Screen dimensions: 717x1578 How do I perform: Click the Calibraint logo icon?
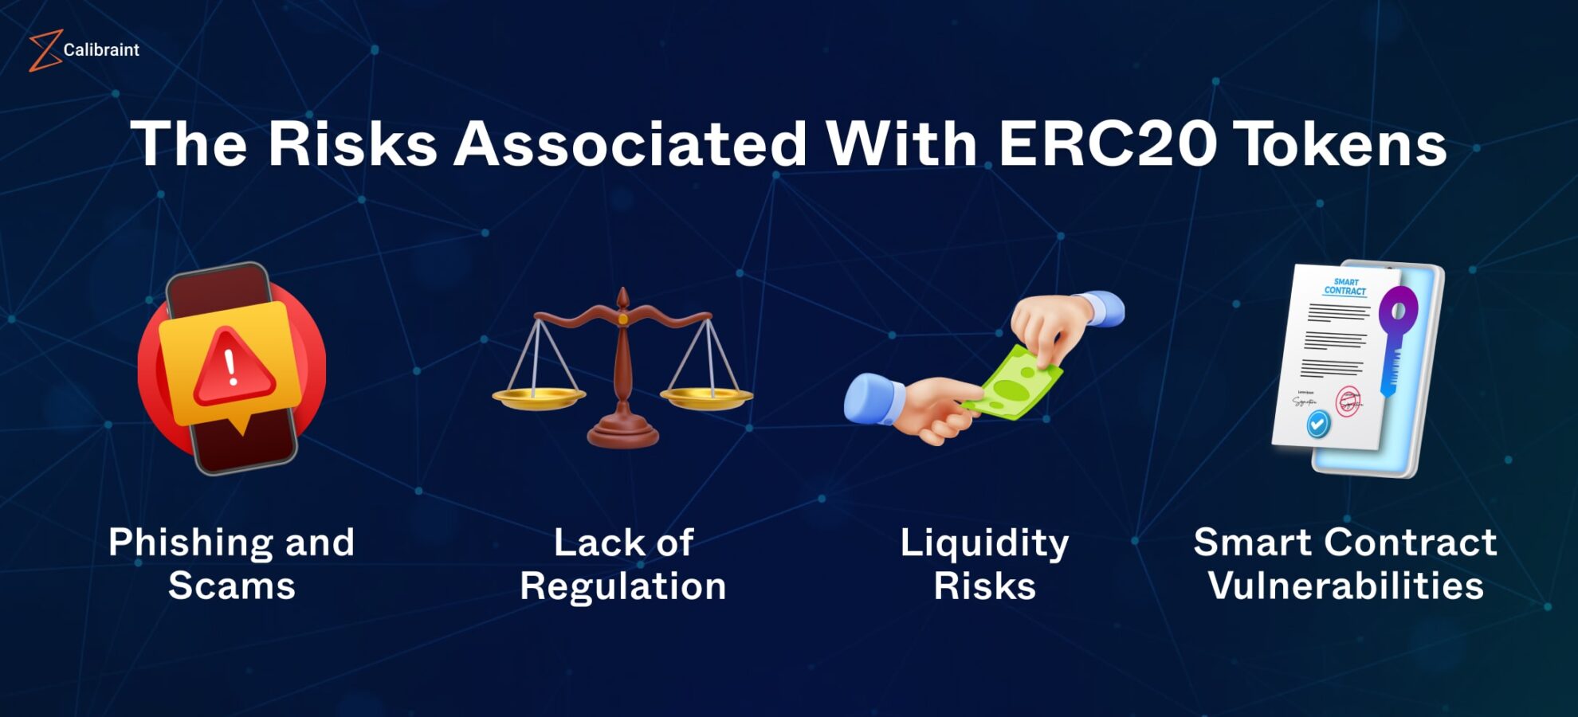(45, 50)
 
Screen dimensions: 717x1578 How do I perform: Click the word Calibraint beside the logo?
(101, 50)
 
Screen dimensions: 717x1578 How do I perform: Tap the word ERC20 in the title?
(1107, 144)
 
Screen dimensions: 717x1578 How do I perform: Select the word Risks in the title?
(352, 144)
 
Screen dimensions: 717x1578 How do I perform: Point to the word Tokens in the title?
(1342, 144)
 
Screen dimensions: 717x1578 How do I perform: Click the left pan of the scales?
(539, 397)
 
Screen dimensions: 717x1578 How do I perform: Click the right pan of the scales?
(706, 397)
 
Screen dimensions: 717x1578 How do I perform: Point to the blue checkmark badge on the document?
(1318, 424)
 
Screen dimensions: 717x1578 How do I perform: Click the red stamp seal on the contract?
(1348, 402)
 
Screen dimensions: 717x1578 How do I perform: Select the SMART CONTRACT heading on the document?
(1345, 287)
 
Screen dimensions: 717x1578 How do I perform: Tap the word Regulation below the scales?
(622, 586)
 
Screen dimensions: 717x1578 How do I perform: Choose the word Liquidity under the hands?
(984, 543)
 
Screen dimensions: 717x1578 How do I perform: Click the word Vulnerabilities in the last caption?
(1345, 586)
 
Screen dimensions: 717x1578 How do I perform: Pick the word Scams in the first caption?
(232, 586)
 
